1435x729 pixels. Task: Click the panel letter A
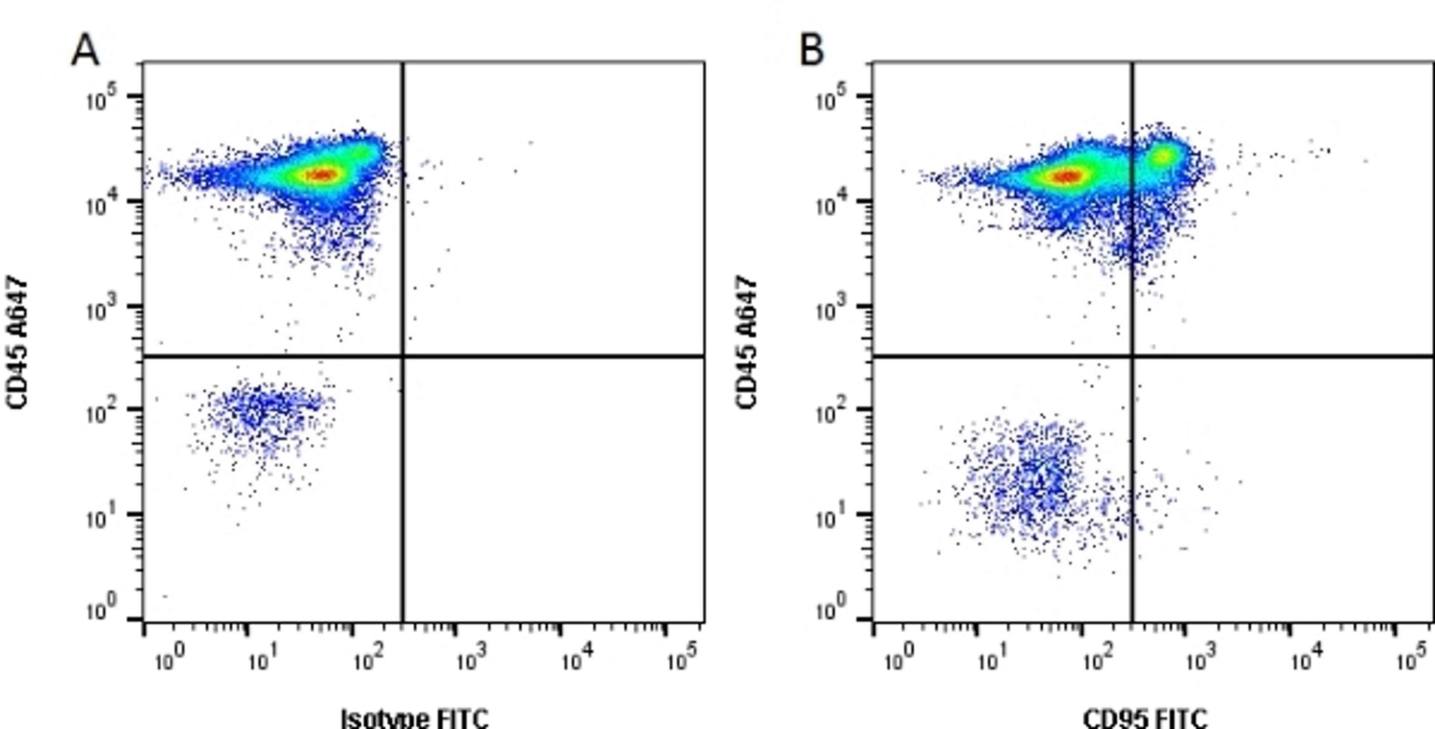pyautogui.click(x=85, y=50)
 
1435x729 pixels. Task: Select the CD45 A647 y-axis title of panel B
pyautogui.click(x=747, y=342)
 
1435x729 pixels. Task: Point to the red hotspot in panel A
pyautogui.click(x=323, y=175)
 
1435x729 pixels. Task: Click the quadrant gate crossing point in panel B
pyautogui.click(x=1132, y=355)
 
